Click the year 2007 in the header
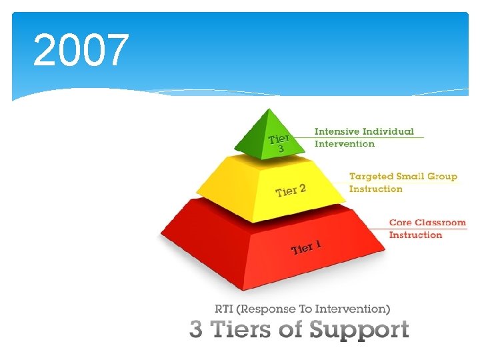[x=80, y=51]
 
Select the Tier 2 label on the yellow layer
[x=291, y=191]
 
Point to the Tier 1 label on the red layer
[x=306, y=248]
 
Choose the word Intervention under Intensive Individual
[x=345, y=144]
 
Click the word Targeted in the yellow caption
[x=372, y=177]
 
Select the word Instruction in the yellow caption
[x=376, y=189]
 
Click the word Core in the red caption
[x=400, y=223]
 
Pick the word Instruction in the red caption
[x=416, y=235]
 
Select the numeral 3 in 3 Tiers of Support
[x=196, y=330]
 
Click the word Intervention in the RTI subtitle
[x=353, y=309]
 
